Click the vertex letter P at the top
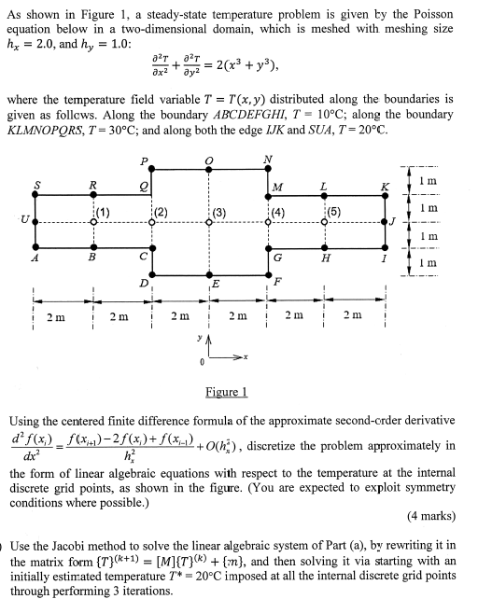tap(144, 160)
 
